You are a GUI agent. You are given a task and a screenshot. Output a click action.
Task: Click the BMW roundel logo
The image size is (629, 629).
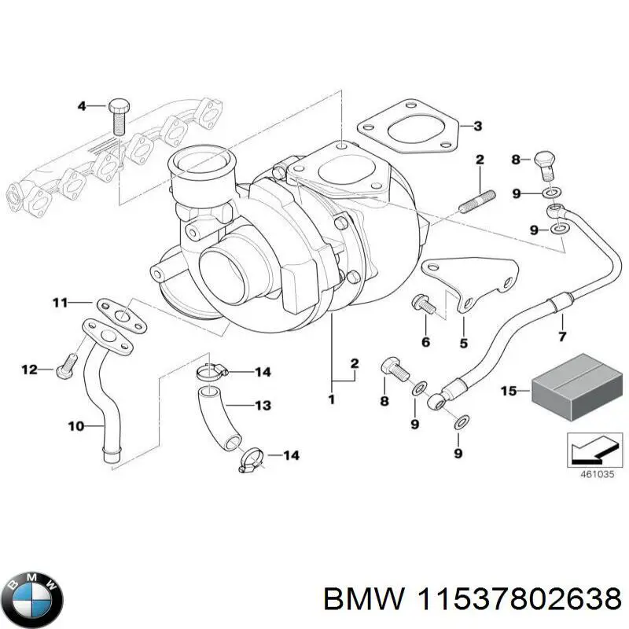point(32,597)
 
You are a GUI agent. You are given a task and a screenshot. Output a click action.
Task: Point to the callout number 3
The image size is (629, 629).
point(477,126)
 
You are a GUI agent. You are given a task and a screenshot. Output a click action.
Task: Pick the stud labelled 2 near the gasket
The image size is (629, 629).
point(476,200)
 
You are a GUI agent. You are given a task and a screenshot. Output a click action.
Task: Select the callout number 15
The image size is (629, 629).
point(509,391)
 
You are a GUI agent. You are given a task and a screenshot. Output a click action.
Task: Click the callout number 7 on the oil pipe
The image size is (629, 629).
point(561,337)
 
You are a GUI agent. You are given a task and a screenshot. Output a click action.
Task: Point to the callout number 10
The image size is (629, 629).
point(75,427)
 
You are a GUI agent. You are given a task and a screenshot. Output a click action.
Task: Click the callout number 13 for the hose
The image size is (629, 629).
point(262,406)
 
